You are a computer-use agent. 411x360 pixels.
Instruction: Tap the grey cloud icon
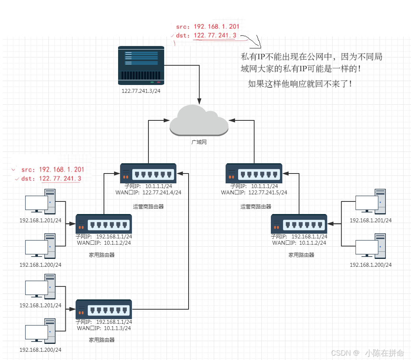point(199,120)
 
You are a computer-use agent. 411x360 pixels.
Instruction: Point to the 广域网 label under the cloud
point(199,142)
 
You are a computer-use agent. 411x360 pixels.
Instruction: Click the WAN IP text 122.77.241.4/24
point(162,192)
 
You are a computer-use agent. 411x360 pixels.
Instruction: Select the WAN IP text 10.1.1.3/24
point(117,328)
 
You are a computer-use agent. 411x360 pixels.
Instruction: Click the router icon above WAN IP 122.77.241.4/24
point(148,174)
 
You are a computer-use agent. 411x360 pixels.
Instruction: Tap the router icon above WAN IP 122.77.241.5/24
point(254,174)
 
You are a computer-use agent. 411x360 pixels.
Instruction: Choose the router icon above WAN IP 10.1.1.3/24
point(104,310)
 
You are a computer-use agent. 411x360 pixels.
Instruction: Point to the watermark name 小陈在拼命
point(384,353)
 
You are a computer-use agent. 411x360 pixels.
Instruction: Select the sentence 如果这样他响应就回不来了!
point(300,83)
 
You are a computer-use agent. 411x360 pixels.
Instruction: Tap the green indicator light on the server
point(152,82)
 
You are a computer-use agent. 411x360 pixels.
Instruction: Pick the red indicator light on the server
point(159,82)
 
